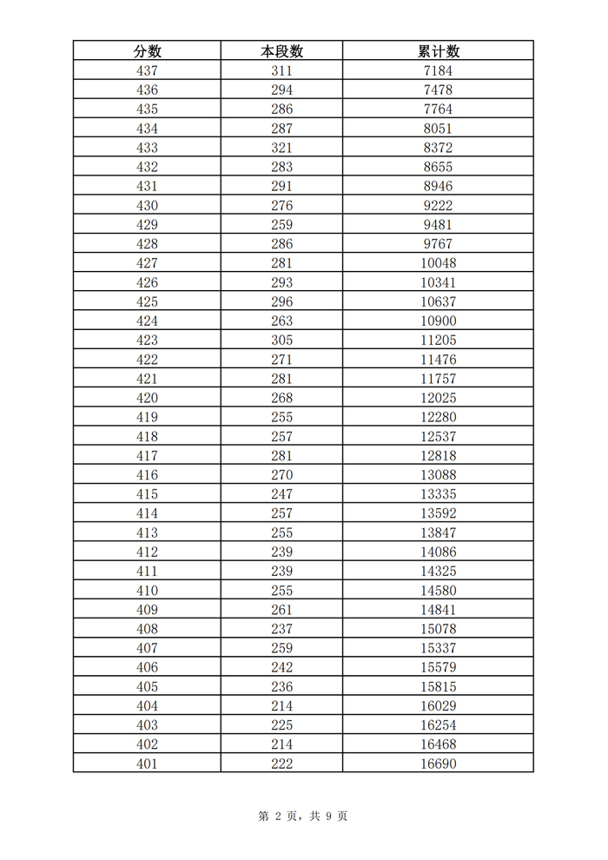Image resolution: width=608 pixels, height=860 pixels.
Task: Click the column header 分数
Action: (x=147, y=51)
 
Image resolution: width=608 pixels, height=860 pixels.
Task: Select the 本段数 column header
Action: (x=281, y=51)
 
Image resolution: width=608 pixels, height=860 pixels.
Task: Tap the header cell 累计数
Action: (x=438, y=51)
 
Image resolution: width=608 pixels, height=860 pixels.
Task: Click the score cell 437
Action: (x=147, y=71)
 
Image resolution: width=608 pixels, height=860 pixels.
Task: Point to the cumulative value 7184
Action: (x=438, y=71)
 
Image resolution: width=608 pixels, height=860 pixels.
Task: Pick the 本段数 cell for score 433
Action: (x=281, y=148)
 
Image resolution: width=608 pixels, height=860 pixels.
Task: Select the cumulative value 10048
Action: (x=438, y=263)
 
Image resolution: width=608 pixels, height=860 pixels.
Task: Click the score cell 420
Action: (x=147, y=398)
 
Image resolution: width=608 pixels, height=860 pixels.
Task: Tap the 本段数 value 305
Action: (x=281, y=341)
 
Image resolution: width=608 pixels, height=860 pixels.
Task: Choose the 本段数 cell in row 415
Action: (x=281, y=494)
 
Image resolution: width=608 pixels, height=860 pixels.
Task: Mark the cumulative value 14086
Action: (x=438, y=552)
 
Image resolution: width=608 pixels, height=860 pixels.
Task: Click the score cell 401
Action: (x=147, y=764)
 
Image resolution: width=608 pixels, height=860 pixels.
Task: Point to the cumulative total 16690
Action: (x=438, y=764)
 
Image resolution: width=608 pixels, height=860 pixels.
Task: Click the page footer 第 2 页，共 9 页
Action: (x=303, y=816)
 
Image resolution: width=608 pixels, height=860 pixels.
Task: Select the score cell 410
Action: (x=147, y=591)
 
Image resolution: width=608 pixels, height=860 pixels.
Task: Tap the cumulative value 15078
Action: (x=438, y=629)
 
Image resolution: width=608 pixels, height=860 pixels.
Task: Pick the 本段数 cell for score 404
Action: (x=281, y=706)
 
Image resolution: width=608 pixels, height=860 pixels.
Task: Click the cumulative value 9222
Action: (x=438, y=206)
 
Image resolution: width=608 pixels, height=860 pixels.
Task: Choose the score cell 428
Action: (x=147, y=244)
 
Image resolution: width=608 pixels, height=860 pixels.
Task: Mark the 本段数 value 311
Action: (x=281, y=71)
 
